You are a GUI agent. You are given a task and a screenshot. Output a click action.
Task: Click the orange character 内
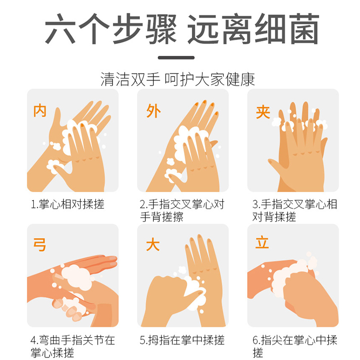pos(40,110)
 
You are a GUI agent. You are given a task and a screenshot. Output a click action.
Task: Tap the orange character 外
pos(153,110)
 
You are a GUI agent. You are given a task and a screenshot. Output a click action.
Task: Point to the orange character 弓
pos(40,246)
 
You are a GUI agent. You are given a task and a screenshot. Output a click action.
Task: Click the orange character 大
pos(153,246)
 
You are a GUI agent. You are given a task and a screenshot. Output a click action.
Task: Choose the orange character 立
pos(262,243)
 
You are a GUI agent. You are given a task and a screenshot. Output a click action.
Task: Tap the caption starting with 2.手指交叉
pos(182,210)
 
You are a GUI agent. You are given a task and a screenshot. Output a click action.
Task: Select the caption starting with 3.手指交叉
pos(294,210)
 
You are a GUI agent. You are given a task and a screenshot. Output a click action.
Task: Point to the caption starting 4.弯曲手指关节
pos(72,346)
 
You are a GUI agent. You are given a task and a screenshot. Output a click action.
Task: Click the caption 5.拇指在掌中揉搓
pos(182,340)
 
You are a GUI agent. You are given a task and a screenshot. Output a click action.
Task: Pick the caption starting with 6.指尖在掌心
pos(294,346)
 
